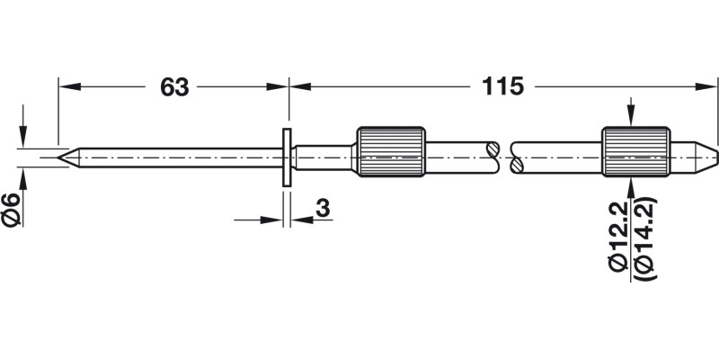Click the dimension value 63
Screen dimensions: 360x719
pos(174,87)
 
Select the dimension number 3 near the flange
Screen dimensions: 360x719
pos(322,208)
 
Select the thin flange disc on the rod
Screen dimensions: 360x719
pos(286,157)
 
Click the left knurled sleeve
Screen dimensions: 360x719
pos(391,151)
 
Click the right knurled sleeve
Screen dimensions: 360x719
pos(635,151)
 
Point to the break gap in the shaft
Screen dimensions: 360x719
pos(502,154)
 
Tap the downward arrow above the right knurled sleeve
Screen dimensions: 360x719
pos(634,121)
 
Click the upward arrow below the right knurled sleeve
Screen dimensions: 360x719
pos(634,185)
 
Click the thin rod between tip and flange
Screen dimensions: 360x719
pos(180,157)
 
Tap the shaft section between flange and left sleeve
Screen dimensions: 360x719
pos(324,157)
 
